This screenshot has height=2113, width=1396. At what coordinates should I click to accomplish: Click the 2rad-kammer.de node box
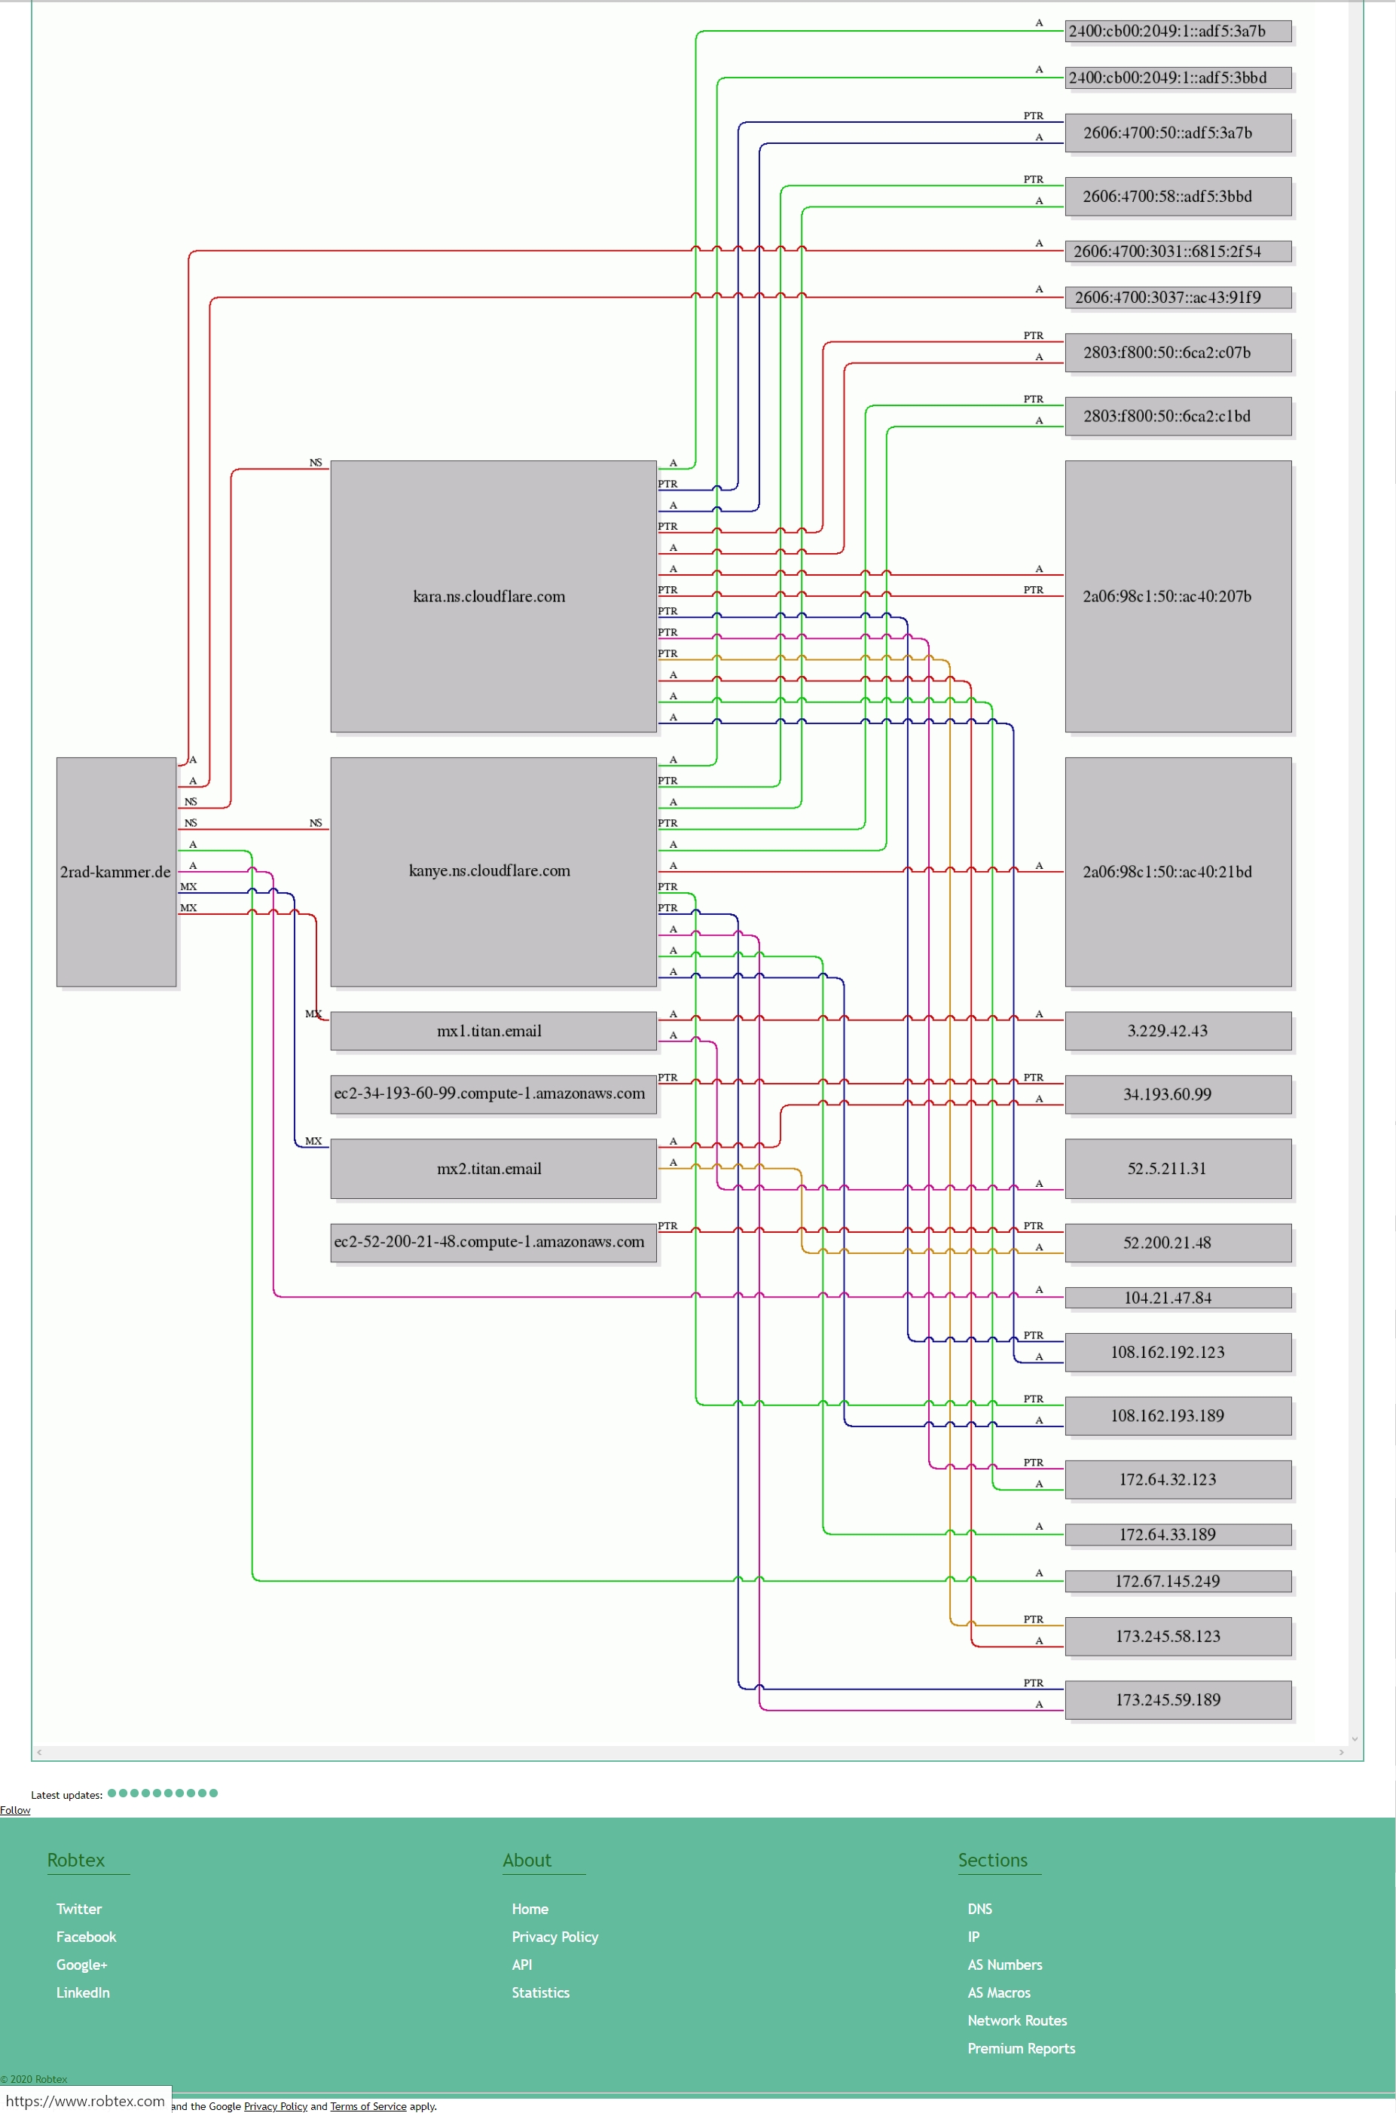point(116,872)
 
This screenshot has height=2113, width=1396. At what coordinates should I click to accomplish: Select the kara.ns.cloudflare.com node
point(493,597)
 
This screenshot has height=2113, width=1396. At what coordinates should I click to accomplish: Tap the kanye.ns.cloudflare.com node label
point(490,871)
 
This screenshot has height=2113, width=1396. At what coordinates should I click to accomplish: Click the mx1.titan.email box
point(493,1031)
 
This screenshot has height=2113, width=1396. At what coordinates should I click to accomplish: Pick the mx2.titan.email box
point(493,1169)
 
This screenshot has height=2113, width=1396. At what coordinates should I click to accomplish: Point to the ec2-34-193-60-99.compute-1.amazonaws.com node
point(493,1094)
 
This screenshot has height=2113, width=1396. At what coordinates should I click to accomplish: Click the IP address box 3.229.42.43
point(1178,1031)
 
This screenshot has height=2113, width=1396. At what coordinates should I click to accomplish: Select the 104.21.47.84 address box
point(1178,1298)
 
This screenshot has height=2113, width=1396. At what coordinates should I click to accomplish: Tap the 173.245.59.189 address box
point(1178,1700)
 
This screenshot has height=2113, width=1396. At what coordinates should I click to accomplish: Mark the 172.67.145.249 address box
point(1178,1582)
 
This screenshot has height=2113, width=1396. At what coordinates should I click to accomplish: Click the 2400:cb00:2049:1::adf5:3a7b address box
point(1178,31)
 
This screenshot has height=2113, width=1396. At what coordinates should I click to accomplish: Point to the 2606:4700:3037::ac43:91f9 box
point(1178,298)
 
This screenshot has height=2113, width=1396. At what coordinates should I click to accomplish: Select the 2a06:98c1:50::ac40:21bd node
point(1178,872)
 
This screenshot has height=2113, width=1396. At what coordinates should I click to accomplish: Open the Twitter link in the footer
point(79,1909)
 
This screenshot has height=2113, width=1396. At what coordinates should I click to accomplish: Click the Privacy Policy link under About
point(554,1937)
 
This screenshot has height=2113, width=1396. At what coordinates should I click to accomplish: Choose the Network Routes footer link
point(1017,2020)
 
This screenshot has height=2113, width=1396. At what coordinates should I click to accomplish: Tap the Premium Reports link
point(1021,2048)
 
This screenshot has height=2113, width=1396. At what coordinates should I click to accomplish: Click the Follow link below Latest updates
point(15,1809)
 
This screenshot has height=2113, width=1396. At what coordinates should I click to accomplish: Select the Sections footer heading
point(993,1860)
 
